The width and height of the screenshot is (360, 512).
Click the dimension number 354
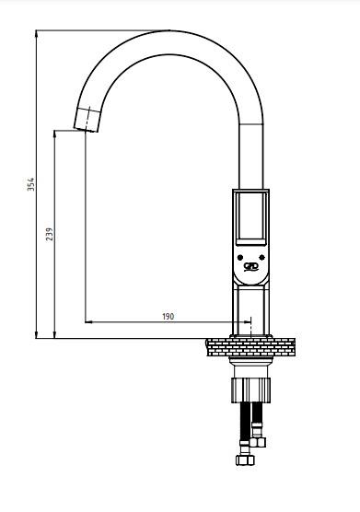click(30, 184)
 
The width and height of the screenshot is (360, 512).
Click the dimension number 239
click(50, 234)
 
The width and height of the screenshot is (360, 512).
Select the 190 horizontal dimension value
click(168, 317)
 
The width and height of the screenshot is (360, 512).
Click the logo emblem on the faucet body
click(251, 267)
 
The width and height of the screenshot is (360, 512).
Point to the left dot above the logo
click(240, 257)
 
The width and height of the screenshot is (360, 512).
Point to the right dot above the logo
click(261, 257)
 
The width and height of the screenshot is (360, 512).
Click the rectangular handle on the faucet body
click(250, 218)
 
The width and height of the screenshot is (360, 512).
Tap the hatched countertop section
click(250, 347)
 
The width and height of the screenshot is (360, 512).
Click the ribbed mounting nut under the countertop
click(250, 390)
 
